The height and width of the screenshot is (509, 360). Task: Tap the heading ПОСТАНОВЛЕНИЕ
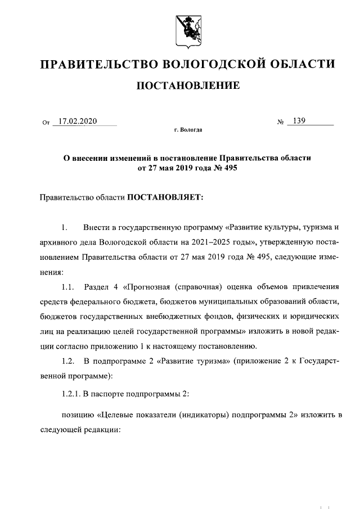185,85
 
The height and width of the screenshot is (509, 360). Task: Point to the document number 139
298,121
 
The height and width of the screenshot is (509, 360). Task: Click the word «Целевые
119,415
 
